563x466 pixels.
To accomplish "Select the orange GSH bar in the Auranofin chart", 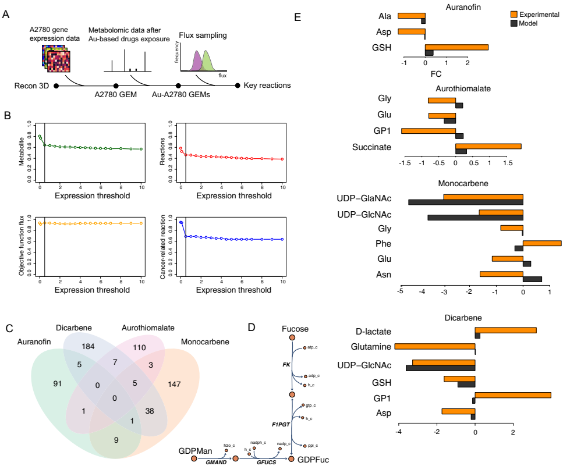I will point(456,48).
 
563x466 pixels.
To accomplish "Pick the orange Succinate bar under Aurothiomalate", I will point(488,147).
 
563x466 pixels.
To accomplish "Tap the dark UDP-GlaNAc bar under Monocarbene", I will point(466,202).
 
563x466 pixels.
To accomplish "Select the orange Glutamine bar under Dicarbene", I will point(435,347).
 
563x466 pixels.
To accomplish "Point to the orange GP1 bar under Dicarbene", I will point(513,396).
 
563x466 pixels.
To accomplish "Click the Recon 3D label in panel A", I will point(33,86).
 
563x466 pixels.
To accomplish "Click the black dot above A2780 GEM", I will point(116,86).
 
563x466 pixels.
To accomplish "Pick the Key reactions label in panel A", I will point(267,86).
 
